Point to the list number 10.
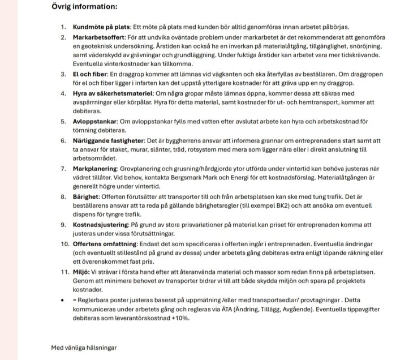click(64, 243)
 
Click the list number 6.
click(63, 140)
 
